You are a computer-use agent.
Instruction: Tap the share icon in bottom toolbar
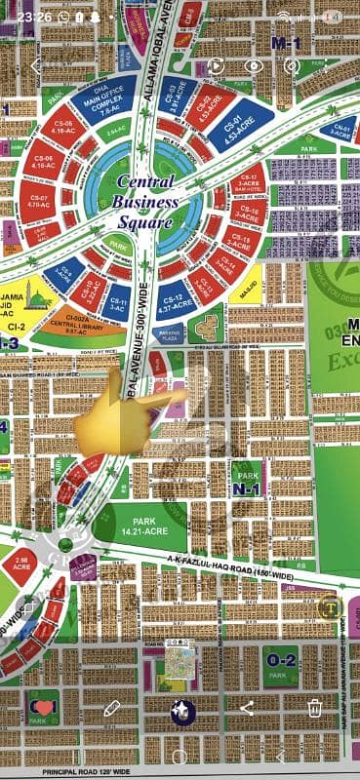point(246,708)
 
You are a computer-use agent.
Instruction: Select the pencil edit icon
point(112,708)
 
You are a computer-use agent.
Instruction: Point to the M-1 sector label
point(286,42)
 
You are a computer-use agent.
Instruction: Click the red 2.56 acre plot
point(19,564)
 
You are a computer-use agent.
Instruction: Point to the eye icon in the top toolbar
point(253,65)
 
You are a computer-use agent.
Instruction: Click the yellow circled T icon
point(329,606)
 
